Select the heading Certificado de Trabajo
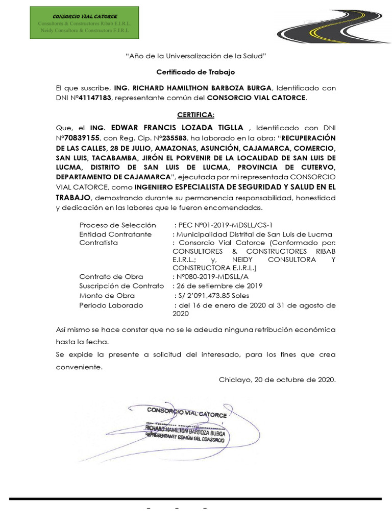click(x=195, y=73)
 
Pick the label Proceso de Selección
click(x=117, y=225)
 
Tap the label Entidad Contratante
click(x=115, y=234)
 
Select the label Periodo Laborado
click(x=111, y=305)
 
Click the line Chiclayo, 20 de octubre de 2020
click(x=277, y=379)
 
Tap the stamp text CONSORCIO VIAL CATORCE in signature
click(x=187, y=413)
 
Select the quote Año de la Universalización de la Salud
click(x=196, y=55)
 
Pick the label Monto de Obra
click(x=107, y=295)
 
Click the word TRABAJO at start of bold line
click(x=73, y=197)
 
